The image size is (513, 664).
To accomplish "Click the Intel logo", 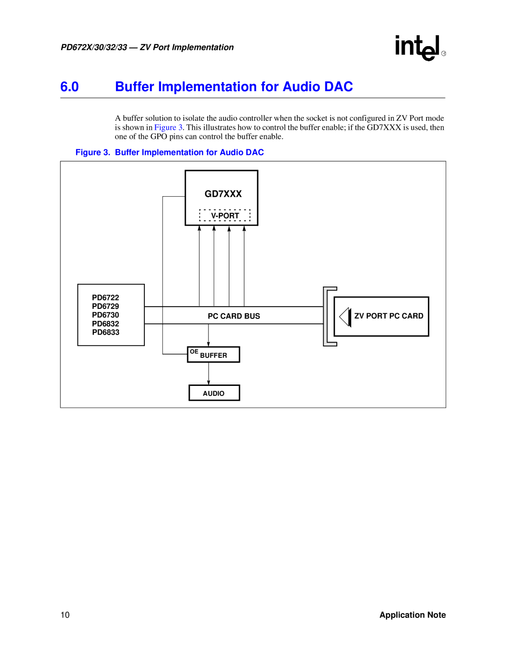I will (418, 48).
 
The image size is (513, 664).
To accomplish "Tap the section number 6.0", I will (69, 87).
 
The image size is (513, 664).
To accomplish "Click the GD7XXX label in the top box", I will (223, 194).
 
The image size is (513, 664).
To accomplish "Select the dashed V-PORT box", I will (225, 215).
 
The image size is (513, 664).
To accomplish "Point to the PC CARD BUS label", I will (234, 316).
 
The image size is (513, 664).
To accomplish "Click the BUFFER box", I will (214, 355).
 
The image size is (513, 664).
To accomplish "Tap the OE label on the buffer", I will (194, 352).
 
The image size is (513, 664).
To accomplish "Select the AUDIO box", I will (214, 393).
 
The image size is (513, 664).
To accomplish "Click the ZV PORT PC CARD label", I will (389, 316).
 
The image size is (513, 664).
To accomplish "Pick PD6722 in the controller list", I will (105, 298).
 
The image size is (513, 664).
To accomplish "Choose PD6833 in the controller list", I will (105, 332).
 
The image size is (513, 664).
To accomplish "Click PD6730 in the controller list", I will (105, 315).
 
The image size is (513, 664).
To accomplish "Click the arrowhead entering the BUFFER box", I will (209, 344).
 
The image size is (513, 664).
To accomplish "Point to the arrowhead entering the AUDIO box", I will (209, 382).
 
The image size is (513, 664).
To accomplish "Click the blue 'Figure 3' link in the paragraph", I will (168, 127).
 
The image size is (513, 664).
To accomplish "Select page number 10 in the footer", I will (65, 615).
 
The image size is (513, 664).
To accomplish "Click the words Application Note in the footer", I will (412, 615).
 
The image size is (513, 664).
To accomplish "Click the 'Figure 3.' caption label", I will (93, 152).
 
